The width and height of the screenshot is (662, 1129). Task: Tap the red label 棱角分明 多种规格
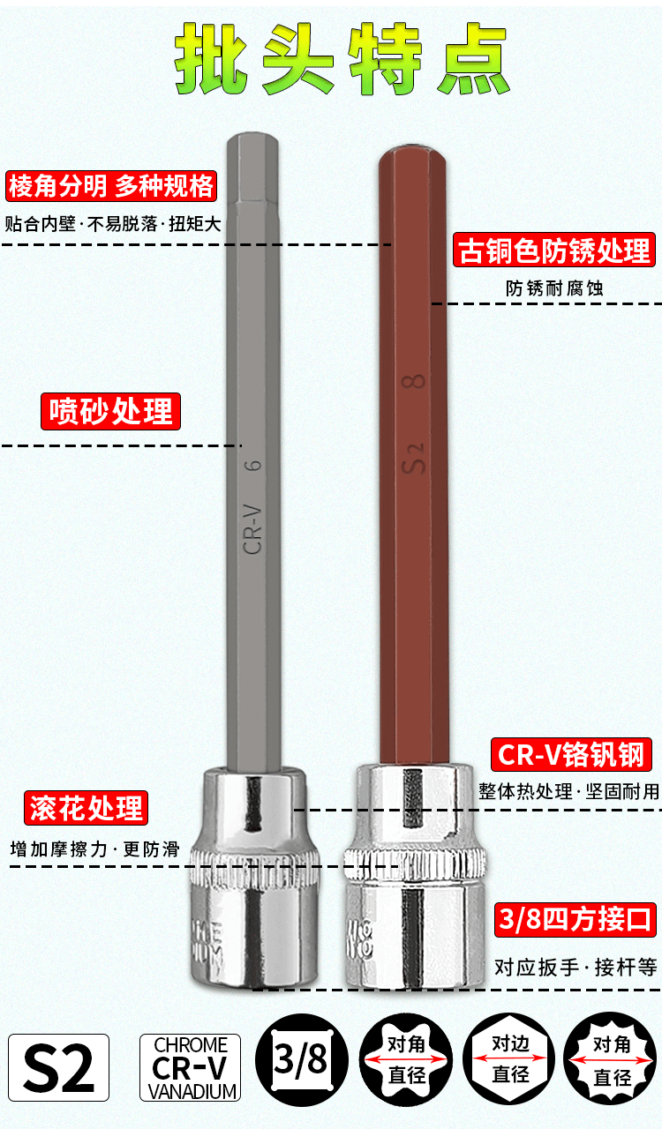pos(111,186)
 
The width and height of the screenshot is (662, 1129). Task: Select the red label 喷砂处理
pos(111,411)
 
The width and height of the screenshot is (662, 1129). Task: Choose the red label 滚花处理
pos(86,807)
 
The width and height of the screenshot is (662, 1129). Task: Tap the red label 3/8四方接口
pos(575,919)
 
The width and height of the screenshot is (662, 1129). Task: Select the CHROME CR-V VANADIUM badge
pos(191,1067)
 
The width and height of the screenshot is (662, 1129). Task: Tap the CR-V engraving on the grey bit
pos(254,527)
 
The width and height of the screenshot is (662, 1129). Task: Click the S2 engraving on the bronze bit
pos(415,457)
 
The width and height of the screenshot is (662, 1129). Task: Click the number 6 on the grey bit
pos(254,465)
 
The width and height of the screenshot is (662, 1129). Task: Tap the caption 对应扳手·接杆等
pos(575,967)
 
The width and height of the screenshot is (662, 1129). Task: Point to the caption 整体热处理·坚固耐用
pos(568,790)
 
